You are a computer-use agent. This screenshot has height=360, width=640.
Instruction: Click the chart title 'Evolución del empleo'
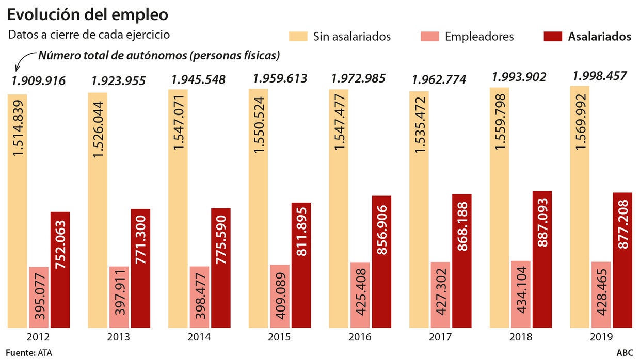pyautogui.click(x=87, y=14)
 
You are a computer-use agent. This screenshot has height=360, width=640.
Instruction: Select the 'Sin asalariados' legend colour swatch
pyautogui.click(x=298, y=36)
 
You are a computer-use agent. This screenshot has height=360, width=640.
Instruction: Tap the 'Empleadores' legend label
pyautogui.click(x=479, y=37)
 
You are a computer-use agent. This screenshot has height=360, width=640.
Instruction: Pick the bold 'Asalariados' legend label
pyautogui.click(x=599, y=37)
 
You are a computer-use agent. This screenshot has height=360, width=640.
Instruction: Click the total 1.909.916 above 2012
pyautogui.click(x=39, y=80)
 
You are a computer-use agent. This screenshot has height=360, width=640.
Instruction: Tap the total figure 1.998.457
pyautogui.click(x=600, y=76)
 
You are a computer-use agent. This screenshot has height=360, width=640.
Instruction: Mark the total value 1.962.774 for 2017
pyautogui.click(x=439, y=80)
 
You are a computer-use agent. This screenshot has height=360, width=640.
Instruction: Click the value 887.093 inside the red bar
pyautogui.click(x=542, y=222)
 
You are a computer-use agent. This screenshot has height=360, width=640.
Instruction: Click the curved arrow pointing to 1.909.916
pyautogui.click(x=21, y=62)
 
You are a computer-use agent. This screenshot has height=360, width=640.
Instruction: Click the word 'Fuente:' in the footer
pyautogui.click(x=20, y=353)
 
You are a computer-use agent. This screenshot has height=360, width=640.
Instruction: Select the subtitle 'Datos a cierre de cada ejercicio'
pyautogui.click(x=89, y=35)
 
